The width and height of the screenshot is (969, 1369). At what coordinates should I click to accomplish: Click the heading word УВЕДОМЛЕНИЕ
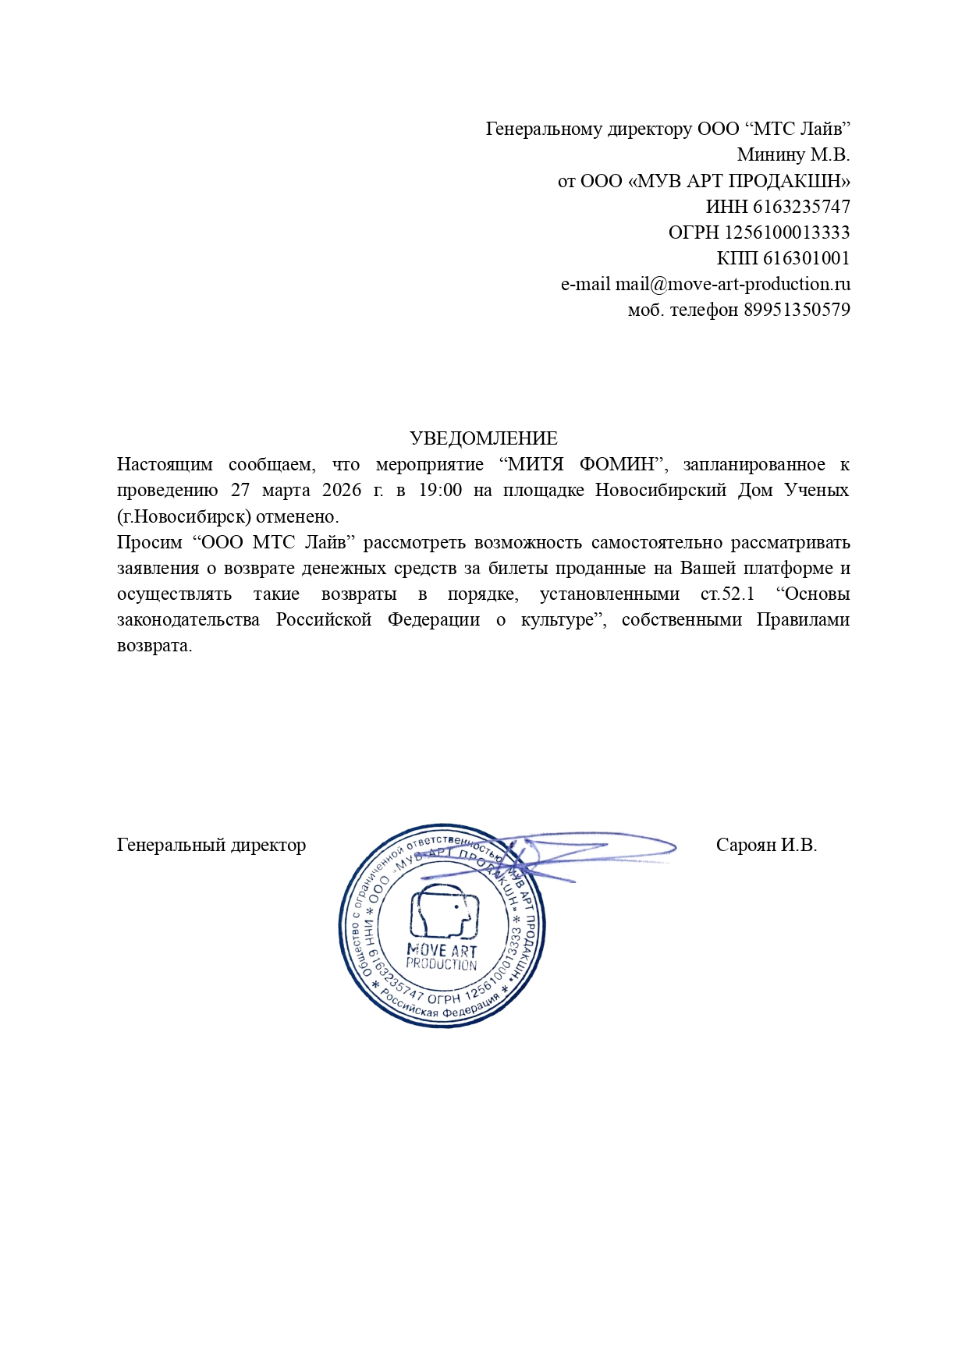click(484, 438)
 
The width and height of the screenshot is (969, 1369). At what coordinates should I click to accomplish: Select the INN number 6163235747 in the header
click(801, 207)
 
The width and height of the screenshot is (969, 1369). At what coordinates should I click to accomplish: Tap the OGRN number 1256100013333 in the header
click(787, 232)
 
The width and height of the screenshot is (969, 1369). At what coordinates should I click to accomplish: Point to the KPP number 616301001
click(806, 258)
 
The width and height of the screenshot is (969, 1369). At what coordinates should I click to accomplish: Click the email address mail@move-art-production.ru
click(733, 284)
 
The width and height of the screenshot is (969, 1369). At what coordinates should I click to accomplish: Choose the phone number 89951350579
click(797, 310)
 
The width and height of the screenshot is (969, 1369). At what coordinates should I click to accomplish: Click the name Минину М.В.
click(793, 154)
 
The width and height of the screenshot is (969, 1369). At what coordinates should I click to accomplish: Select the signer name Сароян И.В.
click(766, 845)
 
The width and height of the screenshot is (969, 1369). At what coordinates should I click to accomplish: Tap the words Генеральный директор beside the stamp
click(211, 845)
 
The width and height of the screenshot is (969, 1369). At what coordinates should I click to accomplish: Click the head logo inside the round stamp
click(442, 910)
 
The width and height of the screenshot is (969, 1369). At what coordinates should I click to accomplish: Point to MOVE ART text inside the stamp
click(442, 950)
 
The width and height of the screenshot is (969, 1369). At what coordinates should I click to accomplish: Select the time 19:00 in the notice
click(442, 490)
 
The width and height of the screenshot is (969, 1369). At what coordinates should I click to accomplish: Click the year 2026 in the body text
click(341, 490)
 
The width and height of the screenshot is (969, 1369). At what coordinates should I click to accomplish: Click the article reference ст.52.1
click(727, 594)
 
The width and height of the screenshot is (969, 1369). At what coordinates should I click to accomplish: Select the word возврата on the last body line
click(154, 646)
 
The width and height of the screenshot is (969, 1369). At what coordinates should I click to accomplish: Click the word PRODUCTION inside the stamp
click(442, 964)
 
